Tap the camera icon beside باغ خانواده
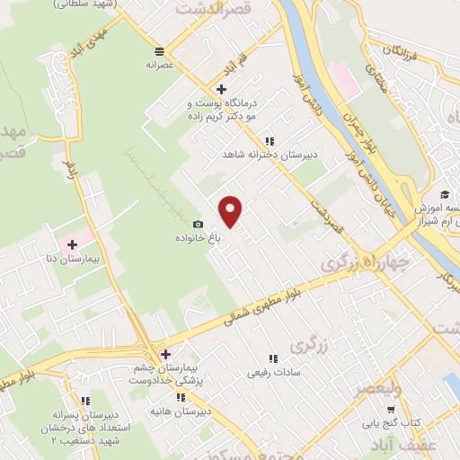click(199, 225)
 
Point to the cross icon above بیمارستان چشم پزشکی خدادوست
click(164, 353)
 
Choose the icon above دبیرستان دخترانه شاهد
click(270, 140)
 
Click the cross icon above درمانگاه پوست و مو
click(221, 88)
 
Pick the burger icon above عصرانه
click(159, 50)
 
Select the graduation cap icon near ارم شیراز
click(444, 194)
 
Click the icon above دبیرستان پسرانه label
click(85, 402)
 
